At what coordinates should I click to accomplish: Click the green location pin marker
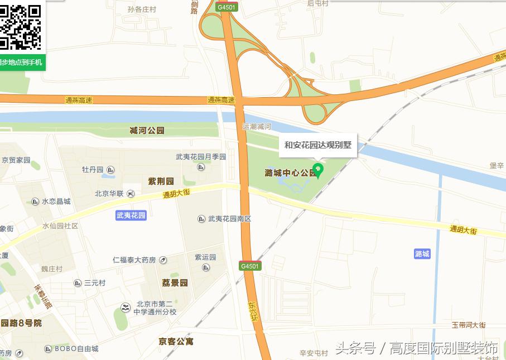[319, 170]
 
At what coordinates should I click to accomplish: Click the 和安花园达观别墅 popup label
[318, 145]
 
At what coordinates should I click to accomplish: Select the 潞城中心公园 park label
[290, 173]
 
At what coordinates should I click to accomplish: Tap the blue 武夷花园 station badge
[131, 215]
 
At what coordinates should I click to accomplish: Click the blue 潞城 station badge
[422, 254]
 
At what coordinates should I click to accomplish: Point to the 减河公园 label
[147, 131]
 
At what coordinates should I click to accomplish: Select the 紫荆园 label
[161, 181]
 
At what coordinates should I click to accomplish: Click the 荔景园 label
[175, 283]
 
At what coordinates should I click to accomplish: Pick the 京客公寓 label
[176, 341]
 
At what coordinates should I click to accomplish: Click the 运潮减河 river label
[257, 127]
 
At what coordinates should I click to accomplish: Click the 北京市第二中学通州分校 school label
[149, 308]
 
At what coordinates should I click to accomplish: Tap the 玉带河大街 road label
[469, 325]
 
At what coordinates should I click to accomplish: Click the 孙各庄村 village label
[142, 9]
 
